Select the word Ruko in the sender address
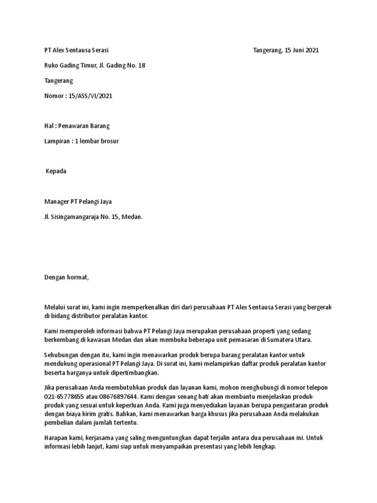pos(52,66)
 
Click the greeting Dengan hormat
pos(66,278)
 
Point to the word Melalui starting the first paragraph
pos(54,307)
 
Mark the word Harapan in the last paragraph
pos(55,438)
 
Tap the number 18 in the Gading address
pos(141,66)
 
